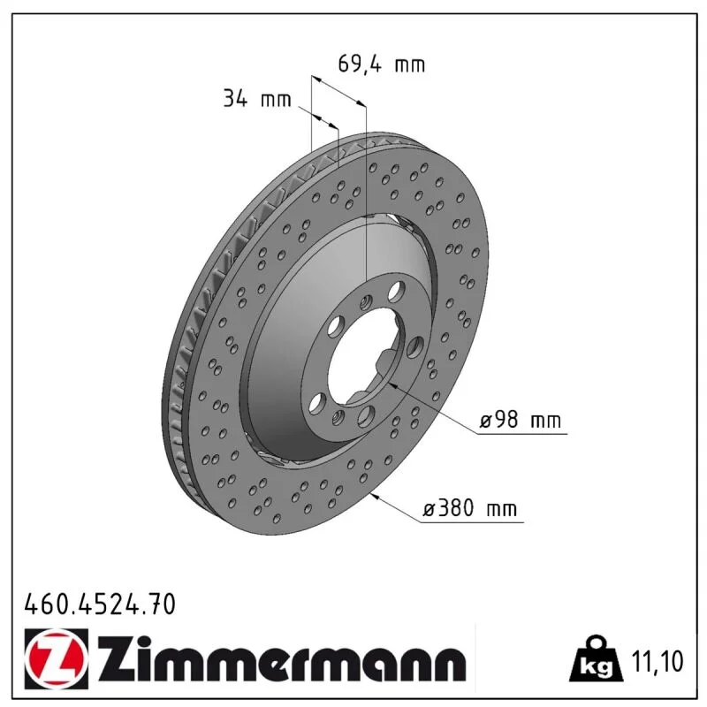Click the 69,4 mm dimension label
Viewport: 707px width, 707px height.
pyautogui.click(x=382, y=64)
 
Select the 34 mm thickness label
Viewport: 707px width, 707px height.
pyautogui.click(x=257, y=98)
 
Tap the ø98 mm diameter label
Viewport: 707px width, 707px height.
pyautogui.click(x=521, y=421)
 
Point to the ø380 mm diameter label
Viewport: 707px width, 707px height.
pyautogui.click(x=469, y=509)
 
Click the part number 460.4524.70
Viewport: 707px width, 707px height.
pyautogui.click(x=100, y=604)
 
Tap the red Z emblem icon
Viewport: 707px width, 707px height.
pyautogui.click(x=57, y=658)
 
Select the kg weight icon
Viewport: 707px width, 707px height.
pyautogui.click(x=596, y=658)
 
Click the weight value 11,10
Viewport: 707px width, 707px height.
pyautogui.click(x=658, y=661)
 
